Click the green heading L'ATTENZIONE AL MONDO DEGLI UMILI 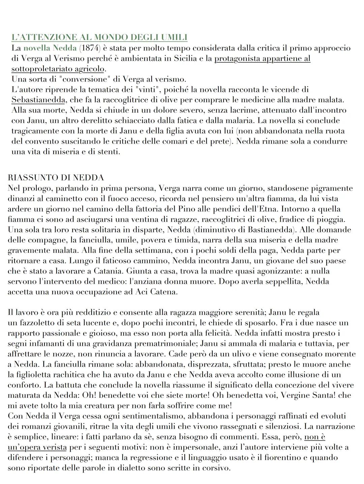click(x=99, y=37)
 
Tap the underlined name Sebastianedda click(x=37, y=100)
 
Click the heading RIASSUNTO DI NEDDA click(x=56, y=177)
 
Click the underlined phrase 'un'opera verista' click(x=36, y=447)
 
